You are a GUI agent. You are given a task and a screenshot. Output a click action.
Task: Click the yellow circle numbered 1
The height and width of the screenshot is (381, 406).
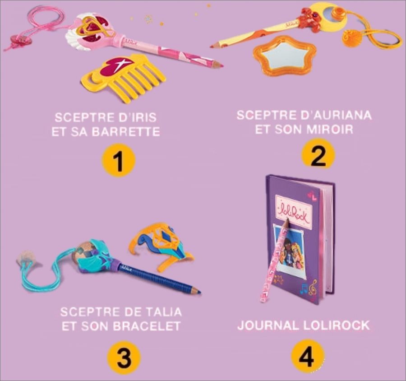(x=118, y=161)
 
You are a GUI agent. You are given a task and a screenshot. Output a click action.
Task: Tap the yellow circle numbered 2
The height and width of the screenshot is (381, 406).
(x=318, y=155)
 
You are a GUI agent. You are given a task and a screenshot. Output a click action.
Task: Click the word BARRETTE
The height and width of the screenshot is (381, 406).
(x=126, y=132)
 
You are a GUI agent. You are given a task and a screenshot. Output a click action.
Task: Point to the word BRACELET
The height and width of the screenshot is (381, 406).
(x=147, y=326)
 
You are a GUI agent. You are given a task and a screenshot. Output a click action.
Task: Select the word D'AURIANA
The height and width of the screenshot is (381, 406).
(x=337, y=115)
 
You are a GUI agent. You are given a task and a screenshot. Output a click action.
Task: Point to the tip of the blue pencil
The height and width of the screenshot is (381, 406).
(x=200, y=293)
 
